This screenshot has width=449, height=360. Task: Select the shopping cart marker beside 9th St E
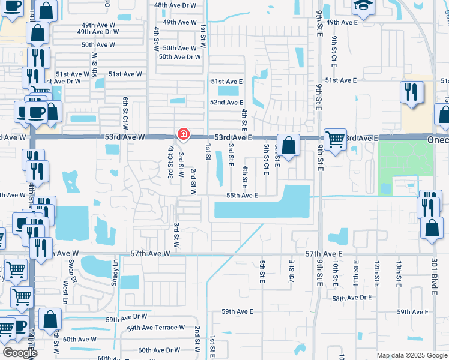pyautogui.click(x=335, y=140)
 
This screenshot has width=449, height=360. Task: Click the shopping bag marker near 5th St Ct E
pyautogui.click(x=288, y=145)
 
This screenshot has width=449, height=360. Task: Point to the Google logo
pyautogui.click(x=20, y=352)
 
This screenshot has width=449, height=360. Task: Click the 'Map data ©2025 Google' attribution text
pyautogui.click(x=412, y=355)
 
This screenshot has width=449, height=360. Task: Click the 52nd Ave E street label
pyautogui.click(x=226, y=103)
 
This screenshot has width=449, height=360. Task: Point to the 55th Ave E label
pyautogui.click(x=242, y=196)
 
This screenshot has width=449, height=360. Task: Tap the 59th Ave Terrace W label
pyautogui.click(x=155, y=328)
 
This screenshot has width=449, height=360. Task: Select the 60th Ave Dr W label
pyautogui.click(x=159, y=350)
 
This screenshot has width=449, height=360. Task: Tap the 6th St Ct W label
pyautogui.click(x=125, y=113)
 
